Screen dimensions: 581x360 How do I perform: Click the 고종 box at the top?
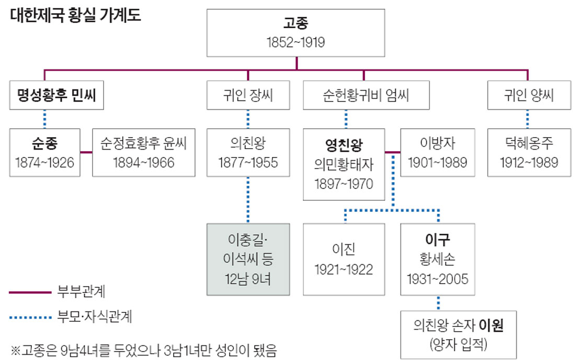click(x=297, y=32)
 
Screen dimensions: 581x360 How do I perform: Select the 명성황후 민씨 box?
click(x=56, y=96)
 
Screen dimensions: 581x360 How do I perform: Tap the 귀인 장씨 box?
click(x=247, y=96)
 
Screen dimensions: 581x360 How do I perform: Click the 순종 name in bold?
click(x=44, y=142)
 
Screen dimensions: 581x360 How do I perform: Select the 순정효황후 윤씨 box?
click(x=143, y=152)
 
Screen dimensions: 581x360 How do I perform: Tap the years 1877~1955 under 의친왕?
click(x=247, y=162)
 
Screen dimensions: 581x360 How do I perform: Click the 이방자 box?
click(x=438, y=152)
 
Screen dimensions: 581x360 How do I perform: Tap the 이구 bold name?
click(x=438, y=240)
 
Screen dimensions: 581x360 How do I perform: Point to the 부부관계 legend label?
click(x=78, y=292)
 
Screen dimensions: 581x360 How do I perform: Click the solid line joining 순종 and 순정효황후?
click(x=86, y=152)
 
